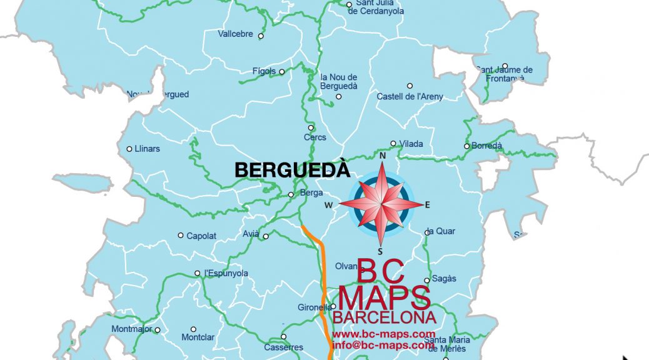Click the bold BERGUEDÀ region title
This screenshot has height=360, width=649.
[x=291, y=170]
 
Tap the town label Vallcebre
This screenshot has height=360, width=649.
[x=236, y=34]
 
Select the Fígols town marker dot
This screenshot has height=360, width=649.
[x=282, y=72]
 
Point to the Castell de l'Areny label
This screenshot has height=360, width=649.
[x=410, y=96]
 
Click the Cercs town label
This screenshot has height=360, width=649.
[x=314, y=137]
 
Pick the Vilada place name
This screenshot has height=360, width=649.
[x=411, y=144]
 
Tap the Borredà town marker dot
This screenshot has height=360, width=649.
[x=466, y=146]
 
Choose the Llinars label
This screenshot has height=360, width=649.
[x=148, y=149]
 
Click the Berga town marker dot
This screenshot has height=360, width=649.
[x=291, y=194]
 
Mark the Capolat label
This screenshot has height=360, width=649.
[x=201, y=236]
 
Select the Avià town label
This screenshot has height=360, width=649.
[x=251, y=234]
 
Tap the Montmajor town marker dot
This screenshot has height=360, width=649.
[x=158, y=330]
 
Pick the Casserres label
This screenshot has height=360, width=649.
[x=284, y=347]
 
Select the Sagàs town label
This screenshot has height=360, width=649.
[x=445, y=279]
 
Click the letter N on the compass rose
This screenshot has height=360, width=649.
[x=382, y=156]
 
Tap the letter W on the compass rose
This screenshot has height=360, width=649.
[x=328, y=204]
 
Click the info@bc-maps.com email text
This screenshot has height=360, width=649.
[x=383, y=344]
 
